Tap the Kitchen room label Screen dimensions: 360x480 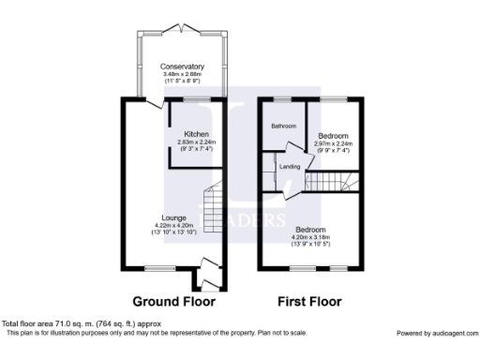(196, 133)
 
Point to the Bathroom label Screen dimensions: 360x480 (284, 126)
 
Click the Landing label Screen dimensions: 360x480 (290, 167)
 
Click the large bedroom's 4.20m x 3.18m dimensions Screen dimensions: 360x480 (311, 238)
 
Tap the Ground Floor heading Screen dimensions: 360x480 (173, 302)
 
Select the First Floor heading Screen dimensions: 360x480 (309, 302)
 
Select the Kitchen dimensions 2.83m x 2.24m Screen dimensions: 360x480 (196, 142)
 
